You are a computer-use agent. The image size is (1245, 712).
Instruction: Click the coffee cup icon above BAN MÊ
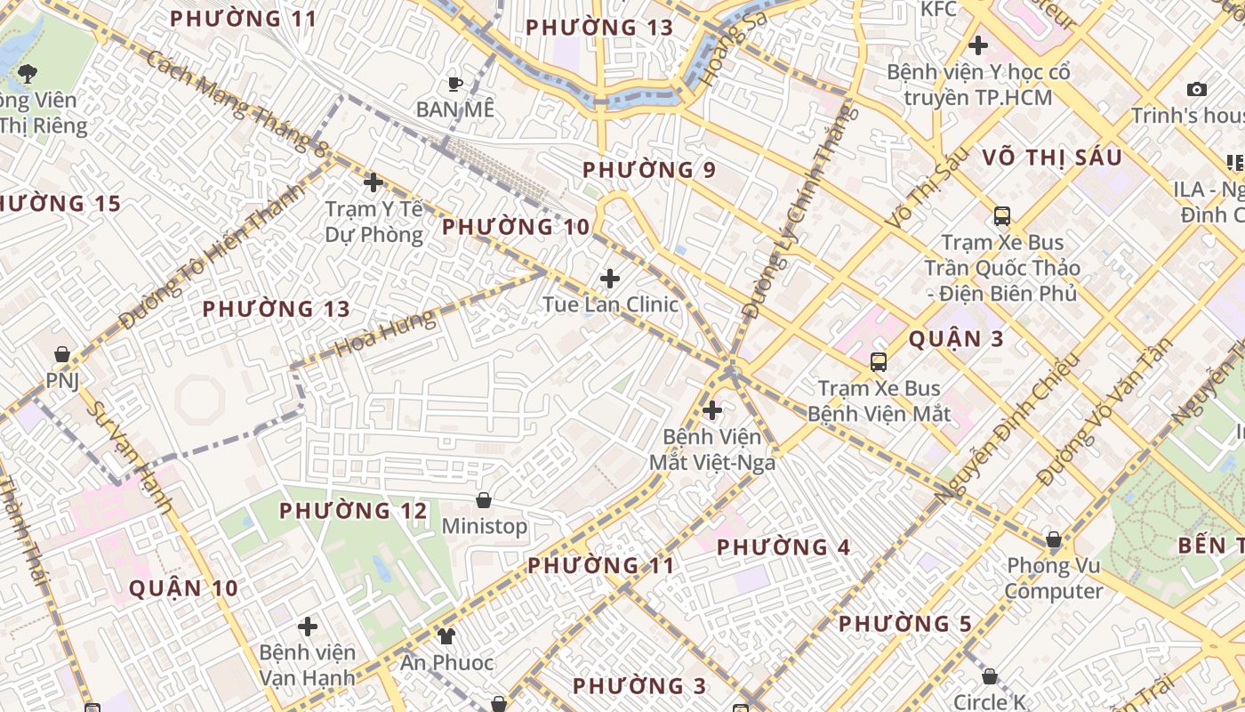455,84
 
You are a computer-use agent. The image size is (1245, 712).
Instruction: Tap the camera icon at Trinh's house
1197,89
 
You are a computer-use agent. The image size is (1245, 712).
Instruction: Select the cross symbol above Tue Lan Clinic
610,279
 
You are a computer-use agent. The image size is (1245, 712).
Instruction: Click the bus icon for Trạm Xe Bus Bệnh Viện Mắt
879,361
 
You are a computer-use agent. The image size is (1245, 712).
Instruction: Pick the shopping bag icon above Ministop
484,500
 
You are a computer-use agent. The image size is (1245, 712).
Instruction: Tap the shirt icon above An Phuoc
446,636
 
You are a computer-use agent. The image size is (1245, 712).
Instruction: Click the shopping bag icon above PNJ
62,354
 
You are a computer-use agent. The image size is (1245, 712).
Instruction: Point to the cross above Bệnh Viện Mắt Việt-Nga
711,410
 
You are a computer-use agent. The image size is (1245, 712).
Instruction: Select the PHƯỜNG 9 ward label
649,169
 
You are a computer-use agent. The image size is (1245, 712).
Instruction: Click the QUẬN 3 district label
957,339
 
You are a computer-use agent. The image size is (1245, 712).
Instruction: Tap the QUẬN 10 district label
184,588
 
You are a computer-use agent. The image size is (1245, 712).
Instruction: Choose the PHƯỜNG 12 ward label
354,511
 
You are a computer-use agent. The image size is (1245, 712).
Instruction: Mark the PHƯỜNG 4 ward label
783,547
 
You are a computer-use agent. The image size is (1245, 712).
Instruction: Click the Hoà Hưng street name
387,332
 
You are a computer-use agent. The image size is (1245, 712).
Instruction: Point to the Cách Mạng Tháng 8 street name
235,102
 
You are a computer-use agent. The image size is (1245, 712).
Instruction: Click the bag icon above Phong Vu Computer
1054,539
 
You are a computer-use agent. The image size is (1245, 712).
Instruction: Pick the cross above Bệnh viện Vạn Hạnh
308,627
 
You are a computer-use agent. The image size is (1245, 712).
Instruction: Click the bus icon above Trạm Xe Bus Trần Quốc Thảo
1002,215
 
